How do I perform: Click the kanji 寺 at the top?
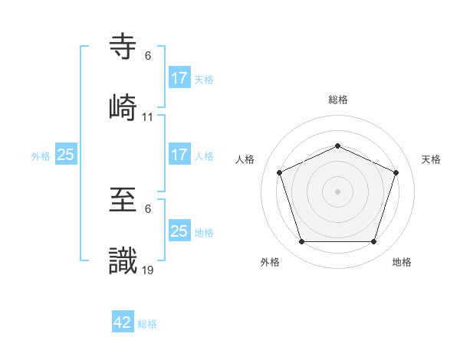coord(123,47)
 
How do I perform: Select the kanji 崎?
coord(123,106)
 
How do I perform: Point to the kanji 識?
coord(123,261)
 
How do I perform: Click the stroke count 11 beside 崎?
coord(148,117)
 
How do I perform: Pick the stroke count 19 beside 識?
coord(148,271)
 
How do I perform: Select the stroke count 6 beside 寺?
coord(148,56)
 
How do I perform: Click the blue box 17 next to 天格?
coord(179,77)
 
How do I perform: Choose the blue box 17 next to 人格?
coord(179,154)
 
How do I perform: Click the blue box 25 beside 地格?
coord(179,231)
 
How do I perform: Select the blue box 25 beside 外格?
coord(66,155)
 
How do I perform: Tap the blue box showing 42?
coord(123,322)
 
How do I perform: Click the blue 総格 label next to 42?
coord(147,324)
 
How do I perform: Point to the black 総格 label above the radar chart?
coord(338,100)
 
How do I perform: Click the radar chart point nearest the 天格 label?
coord(396,172)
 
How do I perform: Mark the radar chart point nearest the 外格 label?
coord(301,242)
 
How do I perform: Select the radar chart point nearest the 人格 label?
coord(280,172)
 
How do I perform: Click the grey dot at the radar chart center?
coord(337,191)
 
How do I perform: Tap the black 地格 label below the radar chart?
coord(402,262)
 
